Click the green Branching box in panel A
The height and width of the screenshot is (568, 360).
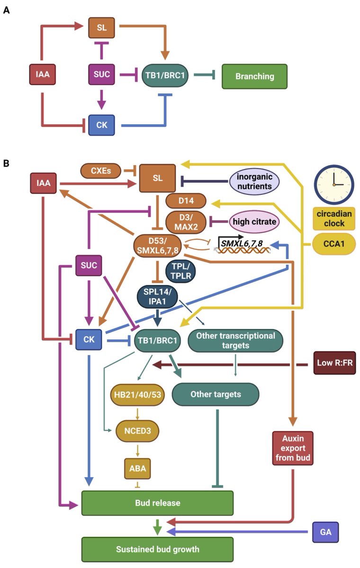coord(254,76)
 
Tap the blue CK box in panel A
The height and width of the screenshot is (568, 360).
coord(101,125)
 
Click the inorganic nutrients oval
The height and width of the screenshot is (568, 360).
coord(254,181)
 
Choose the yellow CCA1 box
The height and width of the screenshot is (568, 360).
coord(334,244)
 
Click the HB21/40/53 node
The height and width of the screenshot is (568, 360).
coord(137,394)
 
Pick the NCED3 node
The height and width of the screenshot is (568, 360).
coord(137,430)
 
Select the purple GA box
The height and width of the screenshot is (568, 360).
coord(326,532)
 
